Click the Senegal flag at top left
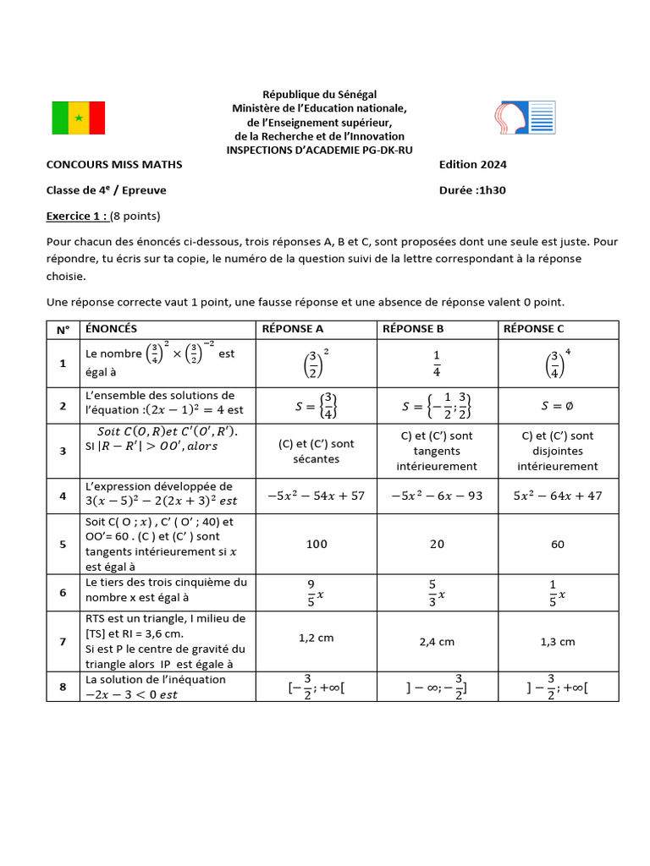click(79, 118)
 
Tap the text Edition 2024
click(473, 165)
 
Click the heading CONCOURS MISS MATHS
click(114, 165)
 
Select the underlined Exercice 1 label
click(77, 216)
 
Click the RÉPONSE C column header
click(533, 329)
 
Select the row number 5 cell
click(63, 544)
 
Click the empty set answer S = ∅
click(557, 407)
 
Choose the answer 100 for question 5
click(317, 544)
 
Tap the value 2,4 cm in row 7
click(437, 642)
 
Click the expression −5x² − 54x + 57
click(317, 496)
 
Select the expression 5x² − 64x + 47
click(557, 496)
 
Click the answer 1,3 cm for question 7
click(557, 642)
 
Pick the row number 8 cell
click(63, 688)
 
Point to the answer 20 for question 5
click(437, 544)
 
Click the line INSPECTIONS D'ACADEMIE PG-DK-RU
click(319, 150)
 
